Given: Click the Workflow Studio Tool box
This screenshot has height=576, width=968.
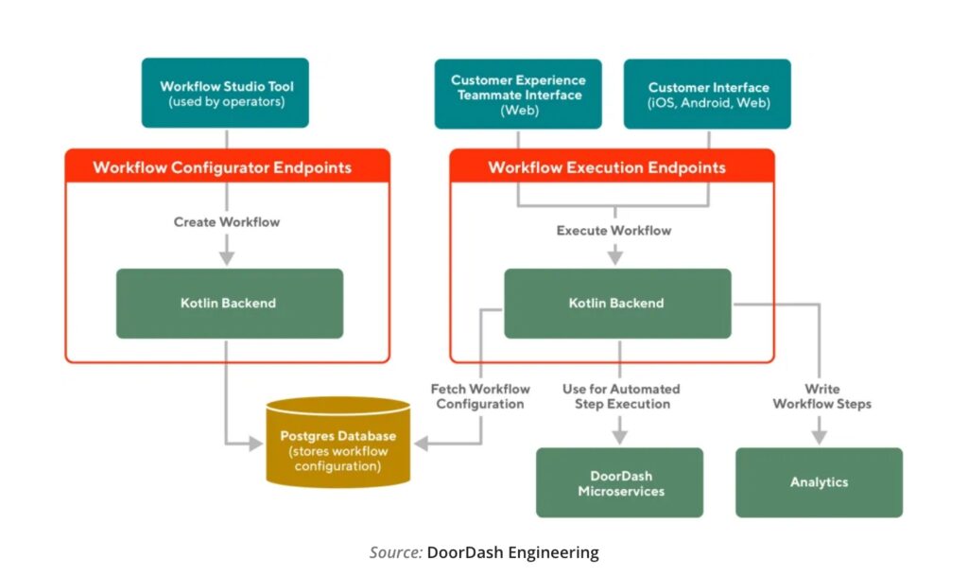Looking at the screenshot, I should click(x=225, y=94).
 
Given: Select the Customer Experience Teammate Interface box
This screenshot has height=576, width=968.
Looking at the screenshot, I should click(x=518, y=95).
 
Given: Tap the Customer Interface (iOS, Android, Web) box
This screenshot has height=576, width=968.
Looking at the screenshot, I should click(x=708, y=95).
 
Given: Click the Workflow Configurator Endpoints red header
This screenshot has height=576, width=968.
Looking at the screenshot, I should click(x=227, y=167).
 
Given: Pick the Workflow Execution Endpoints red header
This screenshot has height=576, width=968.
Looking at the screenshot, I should click(x=612, y=167).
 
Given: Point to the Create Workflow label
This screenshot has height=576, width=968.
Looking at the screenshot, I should click(x=227, y=222).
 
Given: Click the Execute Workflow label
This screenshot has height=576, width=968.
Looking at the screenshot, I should click(x=614, y=230).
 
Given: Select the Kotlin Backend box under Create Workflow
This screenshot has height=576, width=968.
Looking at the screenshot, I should click(x=229, y=304).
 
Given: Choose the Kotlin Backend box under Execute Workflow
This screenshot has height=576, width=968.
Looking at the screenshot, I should click(x=616, y=304).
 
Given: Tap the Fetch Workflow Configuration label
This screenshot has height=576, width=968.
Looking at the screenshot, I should click(x=480, y=396).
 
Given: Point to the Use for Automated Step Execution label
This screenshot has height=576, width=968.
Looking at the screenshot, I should click(x=621, y=396).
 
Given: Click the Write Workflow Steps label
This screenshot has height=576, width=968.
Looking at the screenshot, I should click(x=821, y=396).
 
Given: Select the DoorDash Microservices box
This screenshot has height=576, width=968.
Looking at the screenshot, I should click(x=620, y=483).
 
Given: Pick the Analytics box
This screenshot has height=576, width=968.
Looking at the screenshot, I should click(x=819, y=483).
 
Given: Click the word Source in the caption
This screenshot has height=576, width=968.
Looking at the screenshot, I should click(x=395, y=553).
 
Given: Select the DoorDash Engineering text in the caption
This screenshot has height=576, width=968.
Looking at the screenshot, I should click(x=512, y=553).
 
